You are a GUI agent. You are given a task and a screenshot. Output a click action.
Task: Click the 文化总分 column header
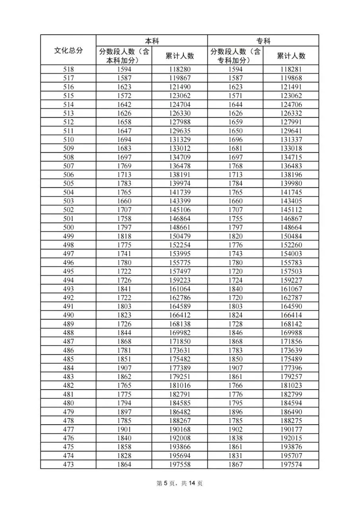click(68, 50)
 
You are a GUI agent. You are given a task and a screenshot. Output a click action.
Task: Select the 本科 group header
click(152, 41)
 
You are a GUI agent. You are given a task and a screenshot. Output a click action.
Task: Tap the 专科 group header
click(263, 41)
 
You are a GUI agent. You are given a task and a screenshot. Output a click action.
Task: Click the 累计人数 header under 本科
click(180, 56)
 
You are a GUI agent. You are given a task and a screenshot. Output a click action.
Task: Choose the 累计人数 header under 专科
click(291, 56)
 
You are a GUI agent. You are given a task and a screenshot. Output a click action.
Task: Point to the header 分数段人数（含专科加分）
click(235, 56)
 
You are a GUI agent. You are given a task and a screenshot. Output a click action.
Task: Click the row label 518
click(68, 70)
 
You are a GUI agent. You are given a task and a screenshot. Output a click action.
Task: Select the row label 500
click(68, 227)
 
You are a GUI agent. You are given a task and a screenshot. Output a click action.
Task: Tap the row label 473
click(68, 464)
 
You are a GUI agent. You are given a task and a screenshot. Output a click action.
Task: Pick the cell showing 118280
click(180, 70)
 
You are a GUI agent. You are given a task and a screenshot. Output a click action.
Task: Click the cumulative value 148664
click(291, 227)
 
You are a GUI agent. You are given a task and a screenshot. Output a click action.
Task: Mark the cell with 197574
click(291, 464)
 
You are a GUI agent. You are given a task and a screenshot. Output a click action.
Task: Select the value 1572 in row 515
click(124, 96)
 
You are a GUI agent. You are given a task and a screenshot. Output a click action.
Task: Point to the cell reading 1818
click(124, 236)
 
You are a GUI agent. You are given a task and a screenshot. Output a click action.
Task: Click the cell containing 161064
click(180, 289)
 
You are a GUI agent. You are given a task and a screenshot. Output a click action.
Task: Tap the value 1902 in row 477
click(235, 429)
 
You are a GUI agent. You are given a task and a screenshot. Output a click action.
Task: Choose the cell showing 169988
click(291, 333)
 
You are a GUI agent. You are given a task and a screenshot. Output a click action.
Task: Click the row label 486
click(68, 350)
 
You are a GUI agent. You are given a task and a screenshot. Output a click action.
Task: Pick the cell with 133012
click(180, 148)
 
